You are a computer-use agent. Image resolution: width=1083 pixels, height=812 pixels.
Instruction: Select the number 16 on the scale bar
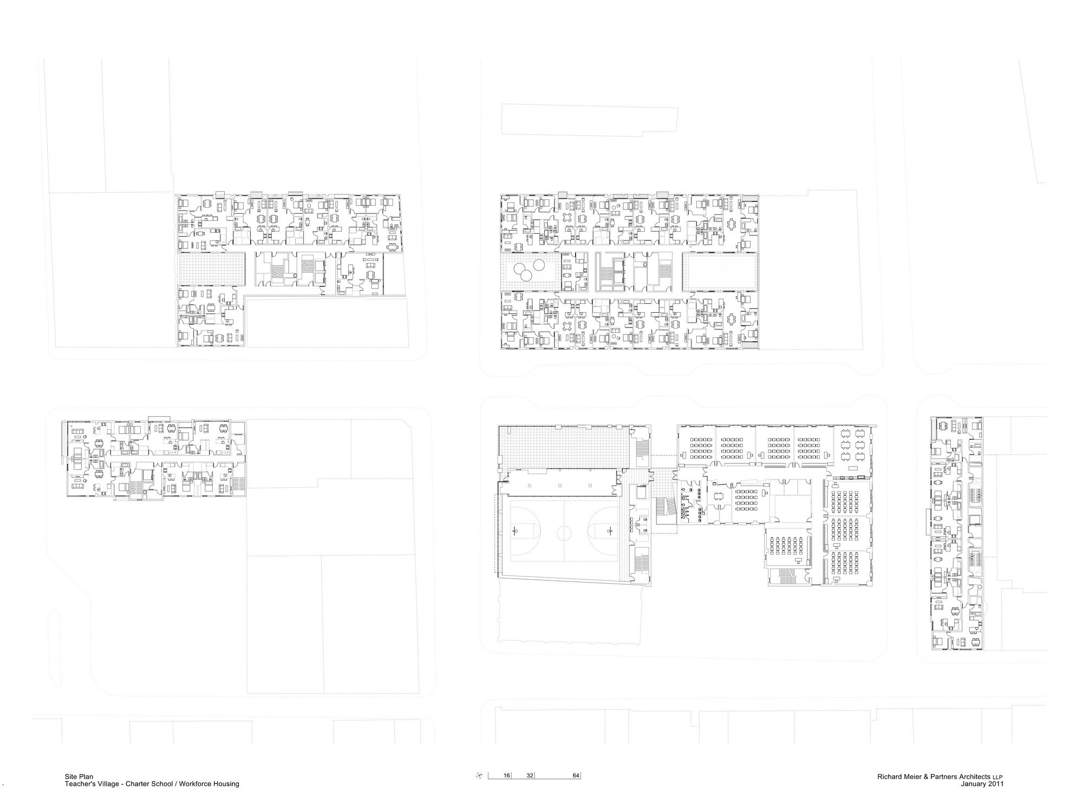[x=507, y=776]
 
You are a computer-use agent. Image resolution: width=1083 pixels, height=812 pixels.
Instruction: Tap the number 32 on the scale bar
[x=530, y=776]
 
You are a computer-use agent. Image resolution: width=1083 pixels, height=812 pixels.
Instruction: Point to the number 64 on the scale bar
[x=576, y=776]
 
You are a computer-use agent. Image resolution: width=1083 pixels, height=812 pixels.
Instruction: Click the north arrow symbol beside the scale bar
[x=479, y=776]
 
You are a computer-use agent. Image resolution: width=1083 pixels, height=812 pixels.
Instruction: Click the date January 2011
[x=982, y=783]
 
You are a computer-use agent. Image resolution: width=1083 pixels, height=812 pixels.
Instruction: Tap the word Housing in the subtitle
[x=226, y=784]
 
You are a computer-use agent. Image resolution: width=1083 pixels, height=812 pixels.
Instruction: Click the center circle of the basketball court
[x=564, y=527]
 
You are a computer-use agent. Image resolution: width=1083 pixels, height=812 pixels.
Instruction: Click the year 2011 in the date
[x=996, y=783]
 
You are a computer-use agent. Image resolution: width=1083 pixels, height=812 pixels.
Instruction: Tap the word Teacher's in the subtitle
[x=80, y=784]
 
